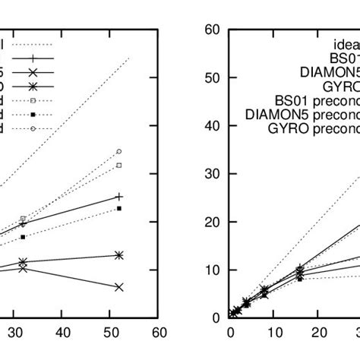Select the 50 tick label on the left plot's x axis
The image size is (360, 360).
(111, 332)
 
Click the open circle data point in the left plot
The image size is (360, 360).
(119, 151)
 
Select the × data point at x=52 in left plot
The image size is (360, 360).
(119, 286)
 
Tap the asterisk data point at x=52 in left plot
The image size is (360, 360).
(119, 255)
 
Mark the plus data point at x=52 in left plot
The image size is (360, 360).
(119, 196)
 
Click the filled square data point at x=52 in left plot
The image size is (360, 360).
(119, 208)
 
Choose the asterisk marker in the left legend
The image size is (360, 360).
(33, 86)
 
